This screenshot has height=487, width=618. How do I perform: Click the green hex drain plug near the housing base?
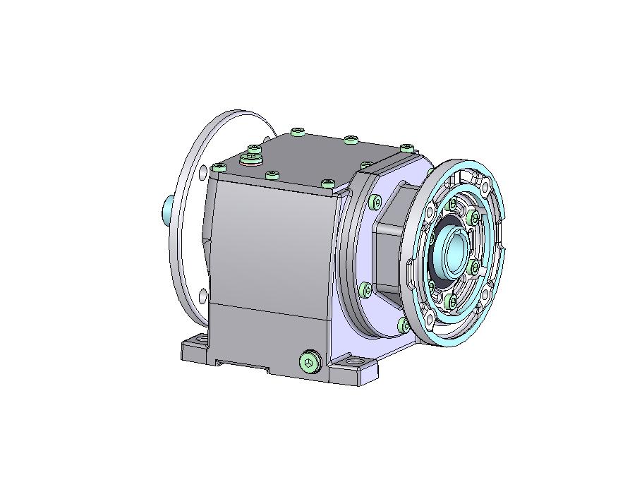tap(309, 362)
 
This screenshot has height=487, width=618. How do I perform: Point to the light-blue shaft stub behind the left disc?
tap(167, 210)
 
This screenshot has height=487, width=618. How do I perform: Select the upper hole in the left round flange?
tap(202, 172)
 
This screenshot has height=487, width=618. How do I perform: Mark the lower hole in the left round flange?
tap(203, 295)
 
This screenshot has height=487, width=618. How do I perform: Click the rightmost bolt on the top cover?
tap(406, 148)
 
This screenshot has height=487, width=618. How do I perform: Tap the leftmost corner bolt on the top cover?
tap(219, 168)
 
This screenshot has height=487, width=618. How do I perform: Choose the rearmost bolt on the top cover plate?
tap(298, 131)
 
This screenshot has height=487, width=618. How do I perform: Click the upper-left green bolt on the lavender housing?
tap(374, 203)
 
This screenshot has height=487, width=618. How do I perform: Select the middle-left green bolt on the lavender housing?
tap(365, 289)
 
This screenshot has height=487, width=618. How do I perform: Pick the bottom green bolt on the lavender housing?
tap(403, 325)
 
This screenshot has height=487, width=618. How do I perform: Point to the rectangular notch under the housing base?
tap(243, 366)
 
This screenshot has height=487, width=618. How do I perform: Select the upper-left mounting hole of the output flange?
tap(430, 212)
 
